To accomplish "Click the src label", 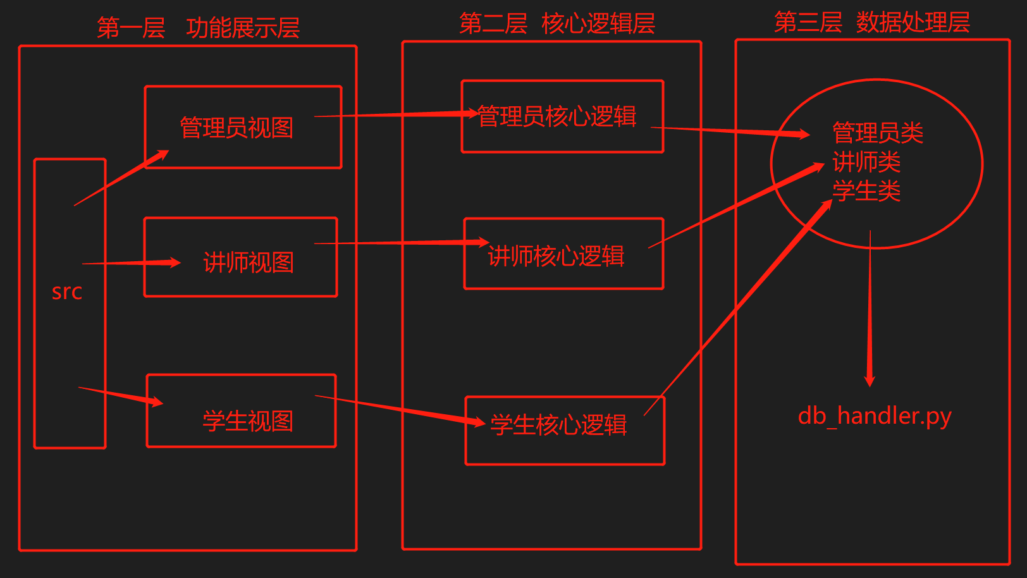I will [67, 292].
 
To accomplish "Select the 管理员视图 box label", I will [237, 128].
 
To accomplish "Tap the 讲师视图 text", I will [249, 262].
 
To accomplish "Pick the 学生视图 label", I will [248, 421].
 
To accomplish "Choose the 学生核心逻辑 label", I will [558, 425].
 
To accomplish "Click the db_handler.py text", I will [875, 416].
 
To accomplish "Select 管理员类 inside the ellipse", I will [878, 133].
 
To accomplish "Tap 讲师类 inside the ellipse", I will [866, 162].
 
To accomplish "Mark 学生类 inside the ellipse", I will [866, 191].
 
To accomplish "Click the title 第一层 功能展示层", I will [198, 28].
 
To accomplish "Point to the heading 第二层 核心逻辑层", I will [557, 24].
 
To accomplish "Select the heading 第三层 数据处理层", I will [871, 23].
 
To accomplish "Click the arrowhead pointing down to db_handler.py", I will [870, 379].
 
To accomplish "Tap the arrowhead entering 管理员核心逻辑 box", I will [472, 113].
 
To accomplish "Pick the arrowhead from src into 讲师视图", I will [173, 262].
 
